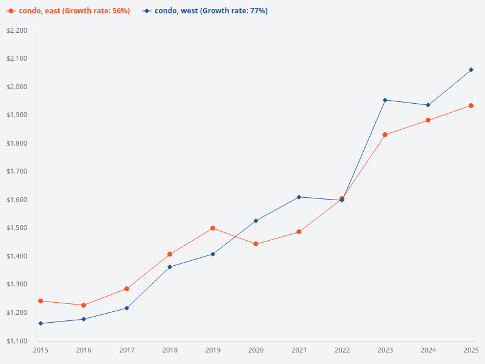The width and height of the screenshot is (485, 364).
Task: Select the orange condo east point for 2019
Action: pos(213,228)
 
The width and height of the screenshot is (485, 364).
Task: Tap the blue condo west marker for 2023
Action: pos(385,100)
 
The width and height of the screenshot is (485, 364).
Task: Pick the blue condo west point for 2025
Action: pos(471,70)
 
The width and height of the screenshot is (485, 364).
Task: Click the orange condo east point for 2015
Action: pos(41,301)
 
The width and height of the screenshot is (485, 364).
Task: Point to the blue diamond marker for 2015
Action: pos(41,323)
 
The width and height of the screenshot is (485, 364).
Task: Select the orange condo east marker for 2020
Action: pos(256,244)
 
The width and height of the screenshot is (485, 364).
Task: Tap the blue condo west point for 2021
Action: pos(299,197)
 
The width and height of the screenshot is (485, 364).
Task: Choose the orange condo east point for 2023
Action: pos(385,135)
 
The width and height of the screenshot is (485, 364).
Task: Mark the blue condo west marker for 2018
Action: pos(170,267)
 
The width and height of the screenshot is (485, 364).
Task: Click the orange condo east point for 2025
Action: pos(471,106)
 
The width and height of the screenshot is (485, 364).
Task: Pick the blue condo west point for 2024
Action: pos(428,105)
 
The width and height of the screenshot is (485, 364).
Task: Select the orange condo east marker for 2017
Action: pos(127,289)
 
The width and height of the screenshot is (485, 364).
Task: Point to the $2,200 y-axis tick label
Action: pos(17,30)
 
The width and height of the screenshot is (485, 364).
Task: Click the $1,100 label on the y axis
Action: pos(17,341)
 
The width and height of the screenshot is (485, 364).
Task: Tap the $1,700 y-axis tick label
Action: pos(17,172)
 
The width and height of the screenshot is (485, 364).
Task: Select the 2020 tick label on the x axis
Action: pos(256,351)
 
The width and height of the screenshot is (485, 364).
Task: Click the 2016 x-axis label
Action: pos(84,351)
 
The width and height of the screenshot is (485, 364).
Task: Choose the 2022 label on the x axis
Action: pos(342,351)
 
